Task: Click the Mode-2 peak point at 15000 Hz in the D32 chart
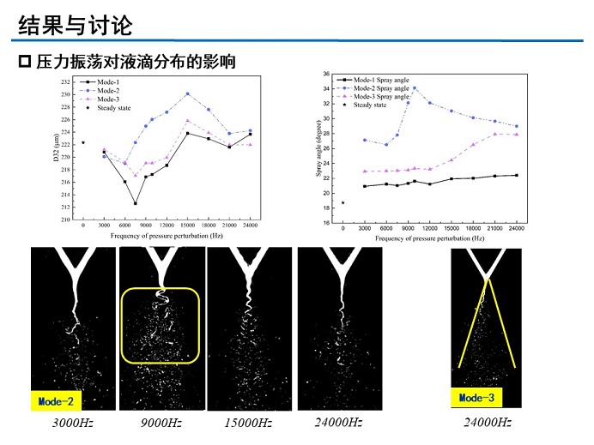(x=187, y=93)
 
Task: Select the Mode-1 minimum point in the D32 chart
(x=135, y=203)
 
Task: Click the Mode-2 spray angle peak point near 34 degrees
(x=415, y=87)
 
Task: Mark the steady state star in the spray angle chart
(x=342, y=202)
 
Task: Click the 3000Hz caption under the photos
(x=71, y=424)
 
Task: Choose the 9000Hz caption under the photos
(x=161, y=424)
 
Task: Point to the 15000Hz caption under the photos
(x=248, y=424)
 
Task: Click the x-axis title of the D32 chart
(x=167, y=235)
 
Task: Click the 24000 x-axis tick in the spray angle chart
(x=515, y=229)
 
